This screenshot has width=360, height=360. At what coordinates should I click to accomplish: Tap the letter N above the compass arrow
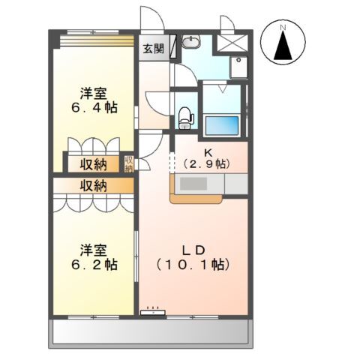(x=283, y=28)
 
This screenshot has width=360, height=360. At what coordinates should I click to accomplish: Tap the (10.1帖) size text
(x=193, y=265)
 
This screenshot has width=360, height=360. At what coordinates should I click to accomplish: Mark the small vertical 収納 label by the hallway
(x=128, y=163)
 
